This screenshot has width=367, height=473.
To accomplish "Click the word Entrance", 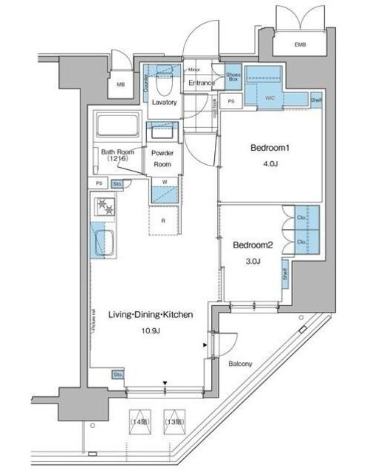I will pos(201,83).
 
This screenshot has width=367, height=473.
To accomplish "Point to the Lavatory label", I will pos(164,102).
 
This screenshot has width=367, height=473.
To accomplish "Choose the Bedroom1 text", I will pos(270,148).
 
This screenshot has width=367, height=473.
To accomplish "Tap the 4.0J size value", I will pos(270,163).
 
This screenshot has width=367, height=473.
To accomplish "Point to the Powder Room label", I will pos(162,159).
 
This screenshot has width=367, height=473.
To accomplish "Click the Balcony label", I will pos(240,363).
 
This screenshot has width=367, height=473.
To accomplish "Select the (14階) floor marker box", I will pos(140,422).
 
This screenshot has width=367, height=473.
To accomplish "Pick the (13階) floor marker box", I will pos(174,422).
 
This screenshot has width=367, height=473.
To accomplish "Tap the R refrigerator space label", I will pos(163,221).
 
